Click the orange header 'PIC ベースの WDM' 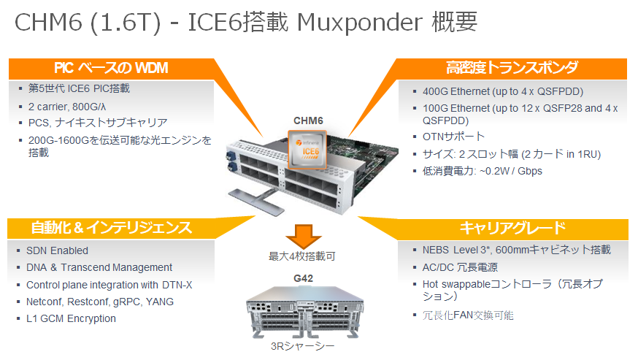coord(111,68)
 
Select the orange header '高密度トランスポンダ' coord(512,68)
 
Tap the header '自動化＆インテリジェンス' coord(112,227)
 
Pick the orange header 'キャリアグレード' coord(512,227)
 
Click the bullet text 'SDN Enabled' coord(57,250)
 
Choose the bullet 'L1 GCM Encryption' coord(71,318)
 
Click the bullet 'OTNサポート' coord(453,137)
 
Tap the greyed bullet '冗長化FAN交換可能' coord(468,315)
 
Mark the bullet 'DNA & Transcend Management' coord(99,267)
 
